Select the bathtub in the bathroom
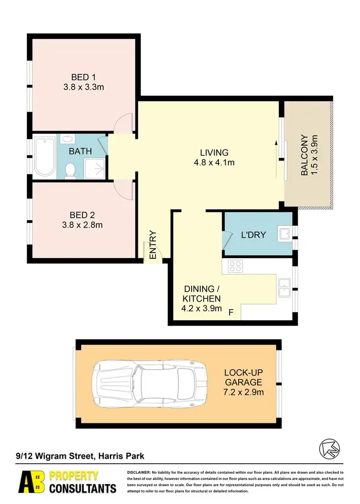click(45, 156)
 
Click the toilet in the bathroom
click(71, 170)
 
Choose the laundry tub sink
click(285, 233)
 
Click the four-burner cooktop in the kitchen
click(235, 266)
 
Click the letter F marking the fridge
click(231, 313)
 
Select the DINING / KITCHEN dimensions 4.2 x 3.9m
click(202, 308)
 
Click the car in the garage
click(152, 382)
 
